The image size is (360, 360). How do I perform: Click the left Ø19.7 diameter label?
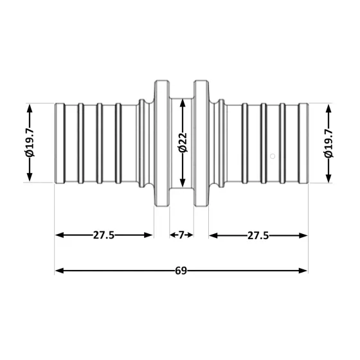30,143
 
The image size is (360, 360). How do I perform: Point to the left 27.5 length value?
103,235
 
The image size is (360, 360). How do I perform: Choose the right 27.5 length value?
258,235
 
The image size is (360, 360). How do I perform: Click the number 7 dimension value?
181,235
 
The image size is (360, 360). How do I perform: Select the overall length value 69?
181,271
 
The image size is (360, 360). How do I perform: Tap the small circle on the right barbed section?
273,155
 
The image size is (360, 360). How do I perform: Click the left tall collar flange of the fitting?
161,143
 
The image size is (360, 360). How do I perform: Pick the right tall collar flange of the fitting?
201,143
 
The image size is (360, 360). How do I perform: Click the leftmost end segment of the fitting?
60,143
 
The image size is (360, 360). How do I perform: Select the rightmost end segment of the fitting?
303,143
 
